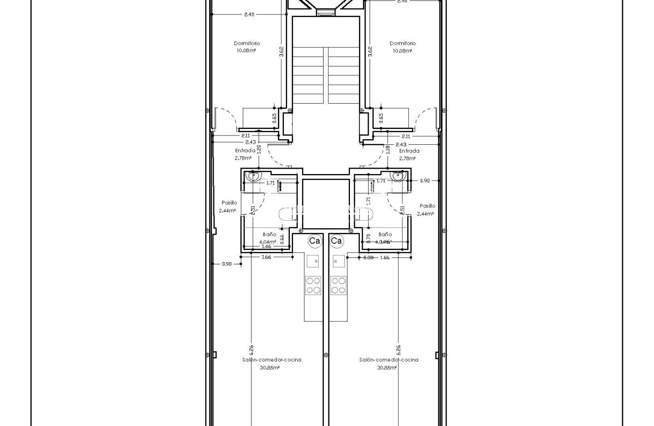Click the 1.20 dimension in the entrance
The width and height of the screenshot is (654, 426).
[259, 148]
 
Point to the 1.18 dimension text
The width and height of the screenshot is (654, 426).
[388, 149]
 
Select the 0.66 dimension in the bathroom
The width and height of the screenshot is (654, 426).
[282, 239]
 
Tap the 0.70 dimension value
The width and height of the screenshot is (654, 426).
[369, 238]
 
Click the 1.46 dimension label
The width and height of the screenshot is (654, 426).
[266, 246]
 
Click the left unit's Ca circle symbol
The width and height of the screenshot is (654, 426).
[315, 241]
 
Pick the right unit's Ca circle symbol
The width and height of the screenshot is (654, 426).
[336, 241]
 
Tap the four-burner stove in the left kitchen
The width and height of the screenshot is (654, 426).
[313, 285]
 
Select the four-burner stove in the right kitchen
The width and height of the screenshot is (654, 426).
[338, 285]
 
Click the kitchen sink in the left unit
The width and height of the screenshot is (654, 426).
[313, 261]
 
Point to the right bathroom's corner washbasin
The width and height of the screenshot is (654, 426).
[398, 176]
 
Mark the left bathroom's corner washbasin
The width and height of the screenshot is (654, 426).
[254, 176]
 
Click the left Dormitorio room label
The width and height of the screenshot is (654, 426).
[247, 44]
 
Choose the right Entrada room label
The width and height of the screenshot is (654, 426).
[409, 151]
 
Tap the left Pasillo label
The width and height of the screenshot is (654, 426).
[229, 203]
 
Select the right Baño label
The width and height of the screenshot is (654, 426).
[385, 234]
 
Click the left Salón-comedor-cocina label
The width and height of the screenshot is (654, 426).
[272, 360]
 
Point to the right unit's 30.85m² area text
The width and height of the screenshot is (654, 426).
[387, 367]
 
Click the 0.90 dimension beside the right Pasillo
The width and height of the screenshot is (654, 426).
[425, 181]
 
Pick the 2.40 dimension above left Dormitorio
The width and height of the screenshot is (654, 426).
[249, 14]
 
